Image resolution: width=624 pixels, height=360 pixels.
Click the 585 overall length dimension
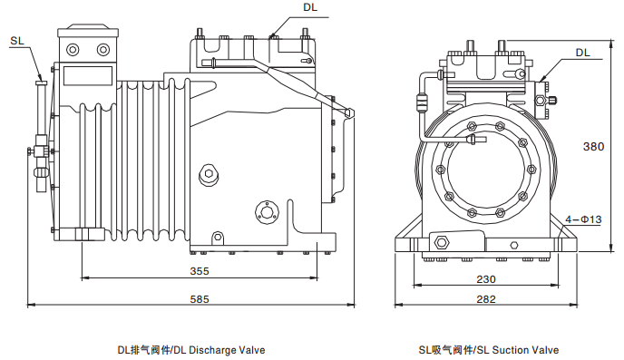[200, 298]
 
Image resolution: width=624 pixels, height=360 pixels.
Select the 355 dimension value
[200, 271]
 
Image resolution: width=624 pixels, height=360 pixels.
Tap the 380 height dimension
[593, 146]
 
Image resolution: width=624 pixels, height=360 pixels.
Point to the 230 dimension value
[486, 279]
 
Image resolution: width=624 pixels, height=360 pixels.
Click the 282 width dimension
[486, 298]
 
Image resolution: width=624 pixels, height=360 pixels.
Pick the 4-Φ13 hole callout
[583, 219]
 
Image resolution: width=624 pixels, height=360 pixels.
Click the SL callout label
[17, 41]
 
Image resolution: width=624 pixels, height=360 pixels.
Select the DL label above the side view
[310, 7]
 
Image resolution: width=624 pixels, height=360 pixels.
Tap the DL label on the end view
[582, 53]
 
